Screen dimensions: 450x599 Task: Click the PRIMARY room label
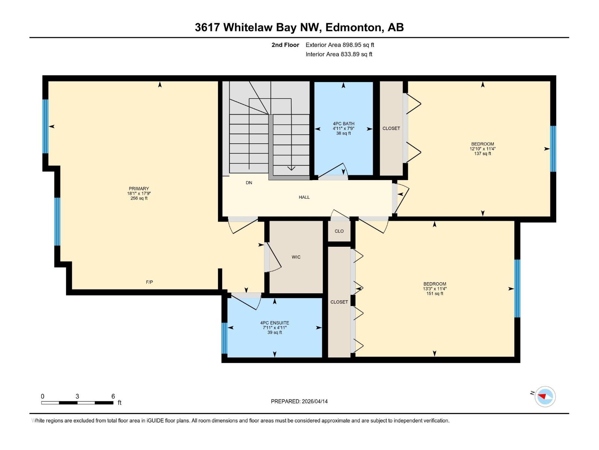pos(139,189)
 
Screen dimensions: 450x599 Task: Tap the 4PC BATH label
pos(343,123)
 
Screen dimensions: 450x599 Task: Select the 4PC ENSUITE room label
pos(274,323)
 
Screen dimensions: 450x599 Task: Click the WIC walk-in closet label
pos(296,257)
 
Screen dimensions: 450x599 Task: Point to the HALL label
pos(304,197)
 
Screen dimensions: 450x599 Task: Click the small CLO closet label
pos(339,231)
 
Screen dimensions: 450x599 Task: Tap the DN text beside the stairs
pos(249,183)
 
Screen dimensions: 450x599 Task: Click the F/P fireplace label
pos(149,282)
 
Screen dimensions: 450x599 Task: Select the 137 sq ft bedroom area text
pos(482,153)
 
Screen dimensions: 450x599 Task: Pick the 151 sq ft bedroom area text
pos(435,294)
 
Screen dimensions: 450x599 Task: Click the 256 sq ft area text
pos(139,198)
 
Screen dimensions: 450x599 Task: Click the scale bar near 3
pos(77,402)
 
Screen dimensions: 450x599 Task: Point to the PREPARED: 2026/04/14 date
pos(299,401)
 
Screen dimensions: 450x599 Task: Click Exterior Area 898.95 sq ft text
pos(340,45)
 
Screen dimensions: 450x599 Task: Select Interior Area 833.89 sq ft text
pos(339,54)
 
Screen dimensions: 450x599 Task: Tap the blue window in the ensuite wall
pos(224,338)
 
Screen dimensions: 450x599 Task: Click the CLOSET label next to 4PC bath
pos(391,128)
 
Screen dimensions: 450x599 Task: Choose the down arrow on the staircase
pos(291,168)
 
